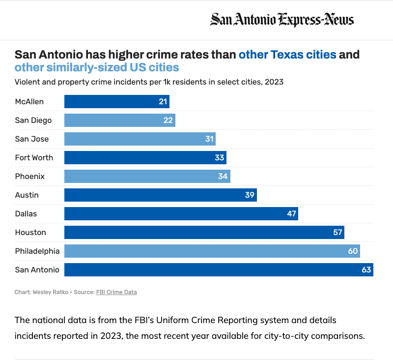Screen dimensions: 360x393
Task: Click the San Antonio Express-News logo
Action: (x=282, y=20)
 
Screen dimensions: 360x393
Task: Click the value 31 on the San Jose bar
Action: (x=210, y=139)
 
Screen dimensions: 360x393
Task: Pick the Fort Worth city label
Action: (x=34, y=158)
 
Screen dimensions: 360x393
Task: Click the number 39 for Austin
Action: (x=250, y=195)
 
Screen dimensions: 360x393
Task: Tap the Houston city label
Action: (x=30, y=232)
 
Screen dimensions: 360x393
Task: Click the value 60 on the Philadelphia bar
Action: (x=353, y=251)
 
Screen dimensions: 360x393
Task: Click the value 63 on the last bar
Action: (x=366, y=270)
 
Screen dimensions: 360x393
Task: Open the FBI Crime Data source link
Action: (x=116, y=292)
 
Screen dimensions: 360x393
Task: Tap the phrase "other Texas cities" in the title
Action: (x=287, y=54)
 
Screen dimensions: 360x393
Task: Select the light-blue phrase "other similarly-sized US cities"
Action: (x=97, y=67)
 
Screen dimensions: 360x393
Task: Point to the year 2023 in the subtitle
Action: (x=274, y=82)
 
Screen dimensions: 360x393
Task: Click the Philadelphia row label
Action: (x=37, y=251)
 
